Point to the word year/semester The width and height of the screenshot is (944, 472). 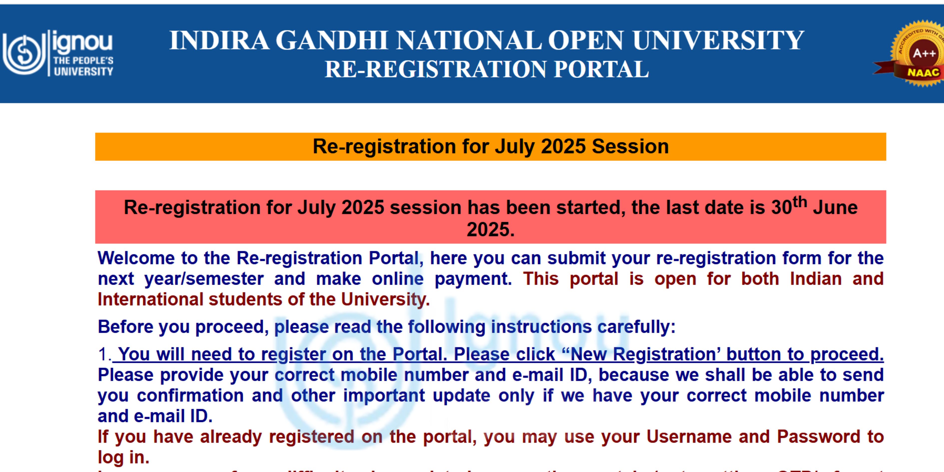(204, 279)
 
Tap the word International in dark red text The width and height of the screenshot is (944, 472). (150, 299)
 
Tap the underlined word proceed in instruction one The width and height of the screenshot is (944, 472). (847, 354)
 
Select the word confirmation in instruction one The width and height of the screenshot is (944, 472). (190, 396)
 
